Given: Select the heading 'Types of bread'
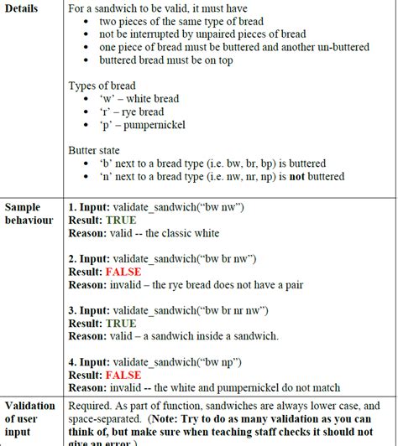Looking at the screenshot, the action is tap(102, 86).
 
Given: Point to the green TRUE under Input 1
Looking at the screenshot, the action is tap(120, 220).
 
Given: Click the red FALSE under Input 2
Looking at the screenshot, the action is tap(123, 272).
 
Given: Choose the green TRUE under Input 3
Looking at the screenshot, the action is tap(120, 324).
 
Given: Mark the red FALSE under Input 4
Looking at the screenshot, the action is tap(123, 376).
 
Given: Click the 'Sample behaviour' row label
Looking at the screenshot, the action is tap(28, 214).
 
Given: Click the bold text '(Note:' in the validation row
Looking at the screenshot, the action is tap(213, 419).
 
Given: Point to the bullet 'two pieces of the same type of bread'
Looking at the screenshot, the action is tap(181, 21).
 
